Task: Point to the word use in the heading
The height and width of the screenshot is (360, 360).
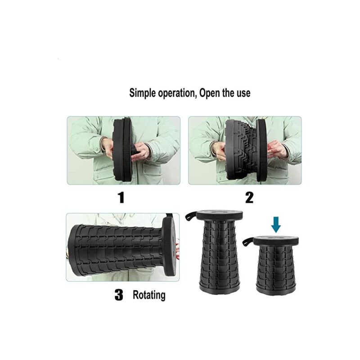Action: (243, 94)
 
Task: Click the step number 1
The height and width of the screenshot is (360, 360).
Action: (121, 198)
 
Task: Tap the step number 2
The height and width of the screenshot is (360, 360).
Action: (249, 198)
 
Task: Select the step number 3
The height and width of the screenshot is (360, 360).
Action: (119, 295)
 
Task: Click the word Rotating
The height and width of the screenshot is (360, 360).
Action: (149, 295)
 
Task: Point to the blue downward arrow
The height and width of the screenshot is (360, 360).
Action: (276, 226)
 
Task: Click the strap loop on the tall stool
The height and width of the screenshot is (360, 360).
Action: (191, 216)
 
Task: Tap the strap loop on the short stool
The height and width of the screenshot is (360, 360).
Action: (248, 242)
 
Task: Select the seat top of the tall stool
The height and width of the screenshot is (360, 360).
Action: (220, 215)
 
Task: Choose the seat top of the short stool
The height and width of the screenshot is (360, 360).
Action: (276, 240)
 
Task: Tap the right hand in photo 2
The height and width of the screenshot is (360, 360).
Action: (277, 149)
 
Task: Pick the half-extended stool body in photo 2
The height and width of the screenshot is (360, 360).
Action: (246, 149)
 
